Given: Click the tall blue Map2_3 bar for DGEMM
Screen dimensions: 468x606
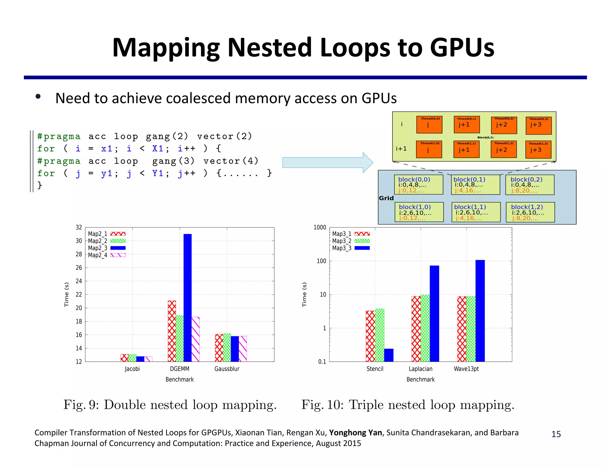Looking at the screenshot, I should pos(187,297).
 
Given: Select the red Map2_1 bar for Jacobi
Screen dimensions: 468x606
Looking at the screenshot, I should pos(125,358).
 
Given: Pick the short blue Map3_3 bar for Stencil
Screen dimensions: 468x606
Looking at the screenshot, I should pos(389,355).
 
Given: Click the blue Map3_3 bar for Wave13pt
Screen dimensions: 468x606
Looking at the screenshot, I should pos(480,311).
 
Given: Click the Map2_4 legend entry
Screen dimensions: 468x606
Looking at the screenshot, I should pos(107,255).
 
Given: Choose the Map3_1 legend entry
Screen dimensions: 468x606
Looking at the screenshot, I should pos(351,234).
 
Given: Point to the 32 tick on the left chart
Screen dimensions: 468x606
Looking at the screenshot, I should pos(79,227).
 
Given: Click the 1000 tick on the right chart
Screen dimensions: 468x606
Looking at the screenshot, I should pos(320,227).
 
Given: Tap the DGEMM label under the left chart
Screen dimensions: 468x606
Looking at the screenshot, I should pos(179,369).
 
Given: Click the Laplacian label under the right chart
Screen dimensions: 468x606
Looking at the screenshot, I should pos(420,369).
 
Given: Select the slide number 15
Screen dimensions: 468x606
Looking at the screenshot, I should pos(556,434).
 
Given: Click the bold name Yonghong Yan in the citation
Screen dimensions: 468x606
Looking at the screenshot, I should pos(355,433).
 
